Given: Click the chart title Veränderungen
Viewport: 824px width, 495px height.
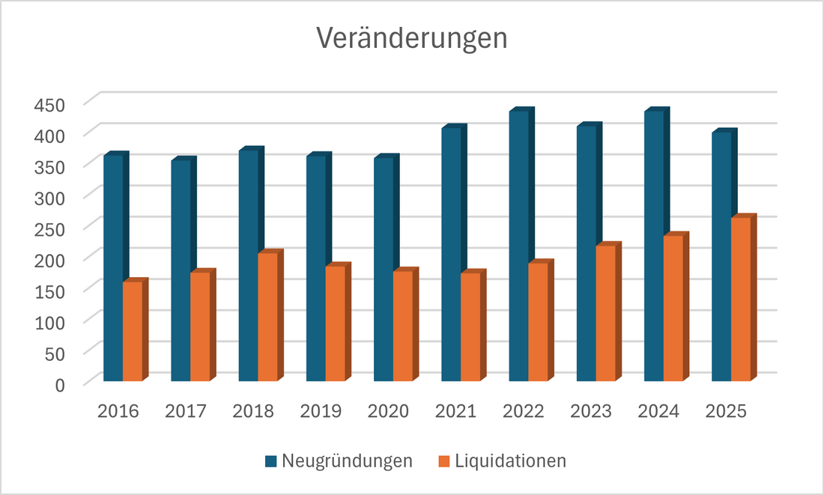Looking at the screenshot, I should tap(411, 39).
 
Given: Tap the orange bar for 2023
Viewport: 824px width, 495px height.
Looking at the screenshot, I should tap(605, 312).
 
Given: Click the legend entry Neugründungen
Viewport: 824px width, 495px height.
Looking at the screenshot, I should tap(347, 461).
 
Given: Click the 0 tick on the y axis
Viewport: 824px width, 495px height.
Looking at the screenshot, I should tap(61, 383).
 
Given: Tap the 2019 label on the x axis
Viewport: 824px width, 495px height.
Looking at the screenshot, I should tap(321, 411).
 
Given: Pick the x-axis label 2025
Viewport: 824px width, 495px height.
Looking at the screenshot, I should tap(727, 411).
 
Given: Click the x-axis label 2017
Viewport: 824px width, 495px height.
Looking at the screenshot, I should tap(185, 411).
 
